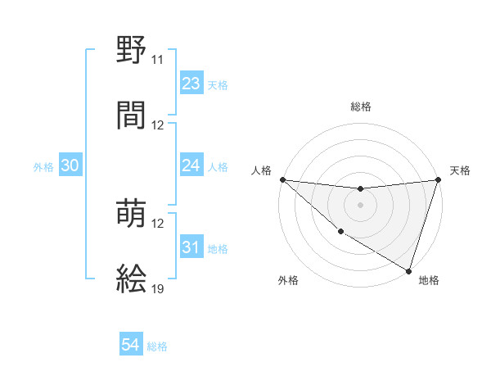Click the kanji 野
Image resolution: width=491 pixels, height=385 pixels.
click(132, 52)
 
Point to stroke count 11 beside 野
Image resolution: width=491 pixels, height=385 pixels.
click(158, 60)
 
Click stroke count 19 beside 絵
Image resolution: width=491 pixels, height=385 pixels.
click(158, 288)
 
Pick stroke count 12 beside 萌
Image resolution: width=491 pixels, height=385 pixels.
click(158, 224)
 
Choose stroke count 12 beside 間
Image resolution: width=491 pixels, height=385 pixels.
click(158, 125)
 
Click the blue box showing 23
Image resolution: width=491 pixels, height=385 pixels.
click(191, 83)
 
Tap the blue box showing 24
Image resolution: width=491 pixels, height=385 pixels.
click(191, 165)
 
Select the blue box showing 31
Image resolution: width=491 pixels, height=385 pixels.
click(191, 247)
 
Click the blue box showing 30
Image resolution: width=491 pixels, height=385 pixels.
click(70, 165)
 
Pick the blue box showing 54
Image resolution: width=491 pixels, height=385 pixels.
click(131, 346)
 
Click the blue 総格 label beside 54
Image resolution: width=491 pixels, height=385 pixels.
click(157, 346)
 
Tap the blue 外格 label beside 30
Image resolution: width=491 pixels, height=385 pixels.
click(43, 166)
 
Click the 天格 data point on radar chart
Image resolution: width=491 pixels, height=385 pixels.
click(439, 179)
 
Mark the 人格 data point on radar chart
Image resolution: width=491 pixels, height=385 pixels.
click(282, 179)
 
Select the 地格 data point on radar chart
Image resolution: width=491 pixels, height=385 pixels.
click(408, 270)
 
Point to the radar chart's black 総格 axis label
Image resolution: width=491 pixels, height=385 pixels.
click(361, 106)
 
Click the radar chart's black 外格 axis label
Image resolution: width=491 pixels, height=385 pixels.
click(288, 280)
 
